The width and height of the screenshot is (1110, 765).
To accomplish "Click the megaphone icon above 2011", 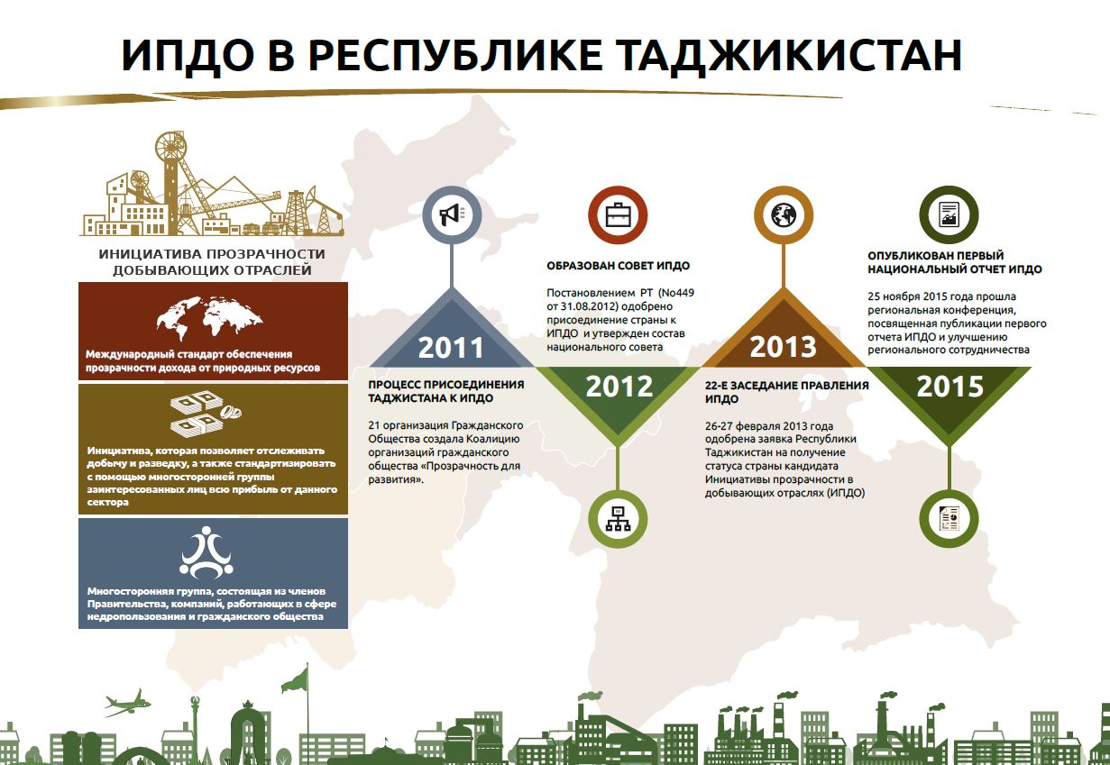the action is (452, 214).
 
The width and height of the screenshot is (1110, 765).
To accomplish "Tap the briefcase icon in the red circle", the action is (618, 214).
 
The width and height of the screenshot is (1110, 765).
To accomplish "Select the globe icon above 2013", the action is (784, 214).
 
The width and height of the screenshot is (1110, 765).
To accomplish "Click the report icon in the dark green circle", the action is (949, 214).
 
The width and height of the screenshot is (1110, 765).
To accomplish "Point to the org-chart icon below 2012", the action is (618, 519).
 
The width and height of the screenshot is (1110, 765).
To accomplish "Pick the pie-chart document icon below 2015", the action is (949, 518).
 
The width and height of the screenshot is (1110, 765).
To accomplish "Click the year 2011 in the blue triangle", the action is (451, 348).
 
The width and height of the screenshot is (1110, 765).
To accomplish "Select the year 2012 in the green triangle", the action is (619, 387).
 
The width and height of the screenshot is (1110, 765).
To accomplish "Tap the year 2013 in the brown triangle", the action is (783, 347).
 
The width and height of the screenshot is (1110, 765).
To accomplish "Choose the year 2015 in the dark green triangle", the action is (949, 387).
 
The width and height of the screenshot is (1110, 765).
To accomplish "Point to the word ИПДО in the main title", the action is (188, 55).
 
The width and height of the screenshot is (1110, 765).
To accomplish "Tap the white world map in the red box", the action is (209, 317).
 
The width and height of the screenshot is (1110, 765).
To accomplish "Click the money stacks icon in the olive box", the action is (206, 414).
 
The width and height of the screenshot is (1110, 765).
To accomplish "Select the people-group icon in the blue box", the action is (206, 552).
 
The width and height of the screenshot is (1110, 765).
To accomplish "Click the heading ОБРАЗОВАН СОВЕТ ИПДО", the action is (618, 266).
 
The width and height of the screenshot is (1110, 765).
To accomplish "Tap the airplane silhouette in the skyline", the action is (127, 703).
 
